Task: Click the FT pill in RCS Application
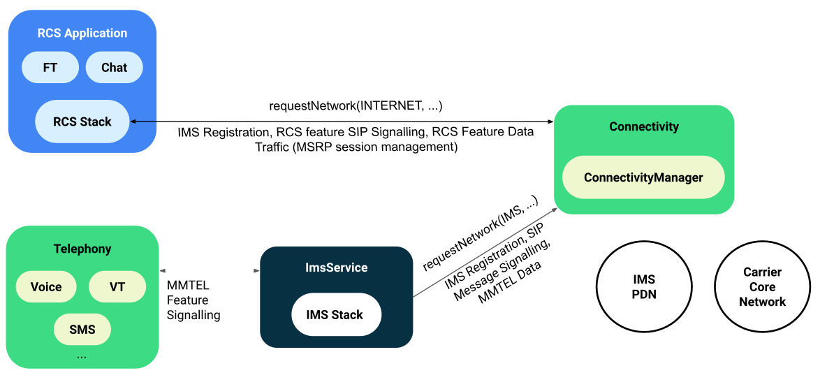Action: click(x=50, y=68)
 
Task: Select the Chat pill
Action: click(x=115, y=68)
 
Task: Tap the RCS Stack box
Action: click(x=82, y=122)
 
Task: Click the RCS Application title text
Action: click(x=82, y=33)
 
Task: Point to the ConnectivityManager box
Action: click(x=643, y=177)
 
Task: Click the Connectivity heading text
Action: click(x=643, y=126)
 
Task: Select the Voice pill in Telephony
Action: click(x=46, y=287)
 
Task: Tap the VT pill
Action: click(x=117, y=287)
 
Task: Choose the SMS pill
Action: click(x=82, y=328)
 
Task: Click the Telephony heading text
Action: click(x=82, y=249)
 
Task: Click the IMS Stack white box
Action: click(x=336, y=315)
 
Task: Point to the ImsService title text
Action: click(x=336, y=267)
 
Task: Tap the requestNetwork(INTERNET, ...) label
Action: click(x=356, y=106)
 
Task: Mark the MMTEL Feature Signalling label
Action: click(x=193, y=300)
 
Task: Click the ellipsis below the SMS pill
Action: click(x=82, y=355)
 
